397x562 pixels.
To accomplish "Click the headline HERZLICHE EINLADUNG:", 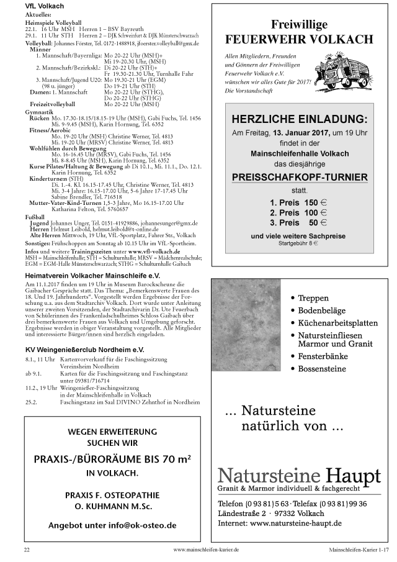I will (x=299, y=120).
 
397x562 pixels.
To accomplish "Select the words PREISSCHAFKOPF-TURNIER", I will (x=300, y=177).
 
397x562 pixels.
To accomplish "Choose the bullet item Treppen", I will (x=313, y=297).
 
